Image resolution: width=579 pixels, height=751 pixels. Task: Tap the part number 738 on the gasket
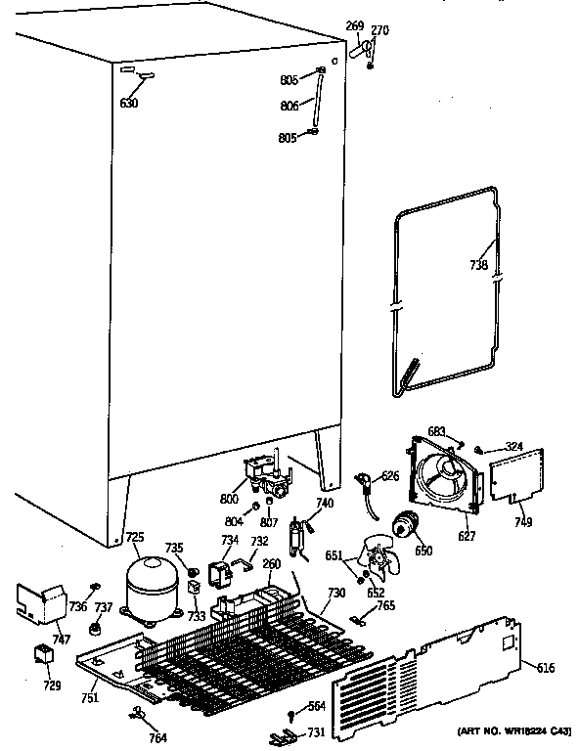(x=477, y=266)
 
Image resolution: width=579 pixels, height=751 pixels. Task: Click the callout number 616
(x=547, y=668)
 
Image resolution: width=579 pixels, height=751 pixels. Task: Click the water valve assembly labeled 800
(x=267, y=475)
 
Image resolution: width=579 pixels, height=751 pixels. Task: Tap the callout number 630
(x=129, y=104)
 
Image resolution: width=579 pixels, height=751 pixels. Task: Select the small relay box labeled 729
(x=45, y=654)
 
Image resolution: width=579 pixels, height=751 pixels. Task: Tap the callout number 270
(x=379, y=30)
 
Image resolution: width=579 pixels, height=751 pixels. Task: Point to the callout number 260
(x=271, y=563)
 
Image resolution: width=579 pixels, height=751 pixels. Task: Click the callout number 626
(x=390, y=476)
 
